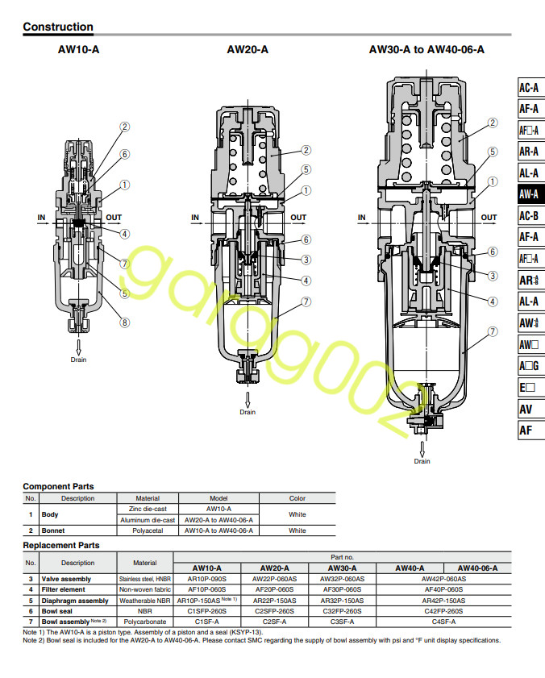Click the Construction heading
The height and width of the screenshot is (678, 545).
point(58,27)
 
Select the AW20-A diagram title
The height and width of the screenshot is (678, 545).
point(248,50)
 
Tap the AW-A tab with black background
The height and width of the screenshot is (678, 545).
point(529,193)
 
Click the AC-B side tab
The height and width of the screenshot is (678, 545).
point(529,215)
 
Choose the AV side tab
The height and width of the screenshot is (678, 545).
point(526,409)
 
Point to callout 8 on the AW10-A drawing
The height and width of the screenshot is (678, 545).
point(125,322)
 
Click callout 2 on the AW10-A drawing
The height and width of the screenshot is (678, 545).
point(125,127)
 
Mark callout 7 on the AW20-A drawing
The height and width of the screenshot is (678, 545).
point(306,302)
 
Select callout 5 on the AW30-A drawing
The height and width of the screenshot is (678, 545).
point(492,151)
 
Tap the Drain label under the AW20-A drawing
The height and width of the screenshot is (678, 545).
point(248,412)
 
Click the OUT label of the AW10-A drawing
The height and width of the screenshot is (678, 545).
point(114,218)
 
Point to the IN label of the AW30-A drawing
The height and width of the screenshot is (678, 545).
point(362,218)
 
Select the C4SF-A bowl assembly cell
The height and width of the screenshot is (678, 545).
point(443,622)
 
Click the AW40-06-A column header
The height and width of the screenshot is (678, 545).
point(478,568)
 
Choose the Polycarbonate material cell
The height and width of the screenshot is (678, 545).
point(145,622)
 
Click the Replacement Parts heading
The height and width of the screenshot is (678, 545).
point(61,545)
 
